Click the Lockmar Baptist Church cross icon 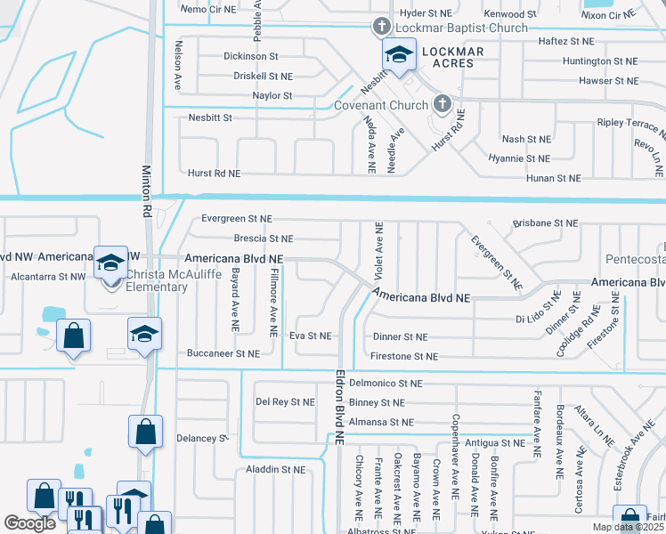point(381,26)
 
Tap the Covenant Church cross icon point(441,105)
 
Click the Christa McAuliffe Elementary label point(157,280)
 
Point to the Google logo point(29,523)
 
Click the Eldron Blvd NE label point(339,408)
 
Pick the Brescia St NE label point(263,239)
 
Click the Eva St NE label point(310,336)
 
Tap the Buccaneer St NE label point(223,353)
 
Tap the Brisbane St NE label point(546,222)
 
